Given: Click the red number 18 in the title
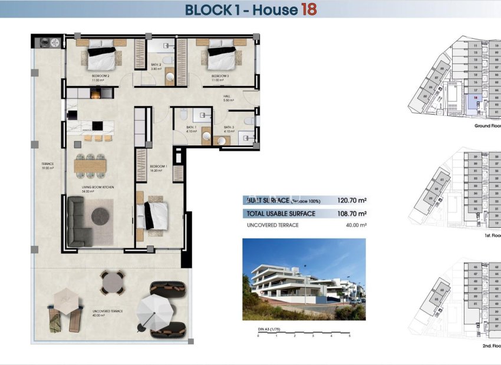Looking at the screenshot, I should (308, 9).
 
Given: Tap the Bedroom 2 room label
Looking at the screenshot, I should (100, 76).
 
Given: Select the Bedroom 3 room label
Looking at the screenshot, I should (220, 76).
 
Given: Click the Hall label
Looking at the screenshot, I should (226, 96).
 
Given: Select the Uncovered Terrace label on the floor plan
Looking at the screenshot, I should (108, 311).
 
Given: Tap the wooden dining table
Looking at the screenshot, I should (90, 166).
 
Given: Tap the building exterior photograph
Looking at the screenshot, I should (304, 279).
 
